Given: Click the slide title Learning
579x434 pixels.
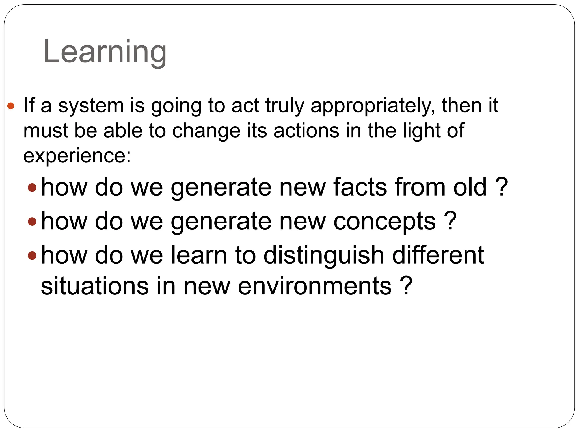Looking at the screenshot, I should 105,52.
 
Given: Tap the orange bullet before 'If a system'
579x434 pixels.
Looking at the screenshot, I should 11,106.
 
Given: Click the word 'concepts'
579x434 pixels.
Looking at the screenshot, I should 384,221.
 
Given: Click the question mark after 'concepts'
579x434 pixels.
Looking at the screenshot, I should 450,221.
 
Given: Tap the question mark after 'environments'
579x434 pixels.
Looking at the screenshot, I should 406,286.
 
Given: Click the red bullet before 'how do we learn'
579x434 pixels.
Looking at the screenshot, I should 32,255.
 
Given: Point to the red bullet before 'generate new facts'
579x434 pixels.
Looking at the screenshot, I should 32,187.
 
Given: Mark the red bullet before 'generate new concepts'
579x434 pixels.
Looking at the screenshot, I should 32,222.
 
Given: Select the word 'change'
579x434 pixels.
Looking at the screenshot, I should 206,131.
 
